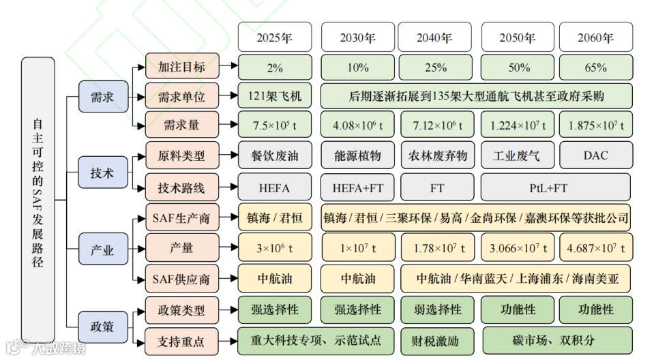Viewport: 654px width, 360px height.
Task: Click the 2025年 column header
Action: coord(274,37)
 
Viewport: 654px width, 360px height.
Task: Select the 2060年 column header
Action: coord(595,37)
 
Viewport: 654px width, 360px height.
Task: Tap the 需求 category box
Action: coord(102,97)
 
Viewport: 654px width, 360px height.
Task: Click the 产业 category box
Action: coord(102,250)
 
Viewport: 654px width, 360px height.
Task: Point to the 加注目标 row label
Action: coord(181,67)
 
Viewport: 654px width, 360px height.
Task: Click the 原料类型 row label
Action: coord(181,155)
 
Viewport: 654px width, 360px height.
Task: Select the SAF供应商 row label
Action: coord(181,278)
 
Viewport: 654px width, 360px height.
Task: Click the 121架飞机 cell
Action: coord(274,96)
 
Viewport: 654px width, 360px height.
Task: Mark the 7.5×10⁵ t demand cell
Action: coord(274,125)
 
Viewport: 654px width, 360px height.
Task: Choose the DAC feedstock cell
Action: coord(595,155)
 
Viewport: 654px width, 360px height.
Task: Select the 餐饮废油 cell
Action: coord(274,155)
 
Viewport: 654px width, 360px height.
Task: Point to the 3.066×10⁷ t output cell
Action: coord(518,248)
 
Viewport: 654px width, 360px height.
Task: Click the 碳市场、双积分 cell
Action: coord(556,340)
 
